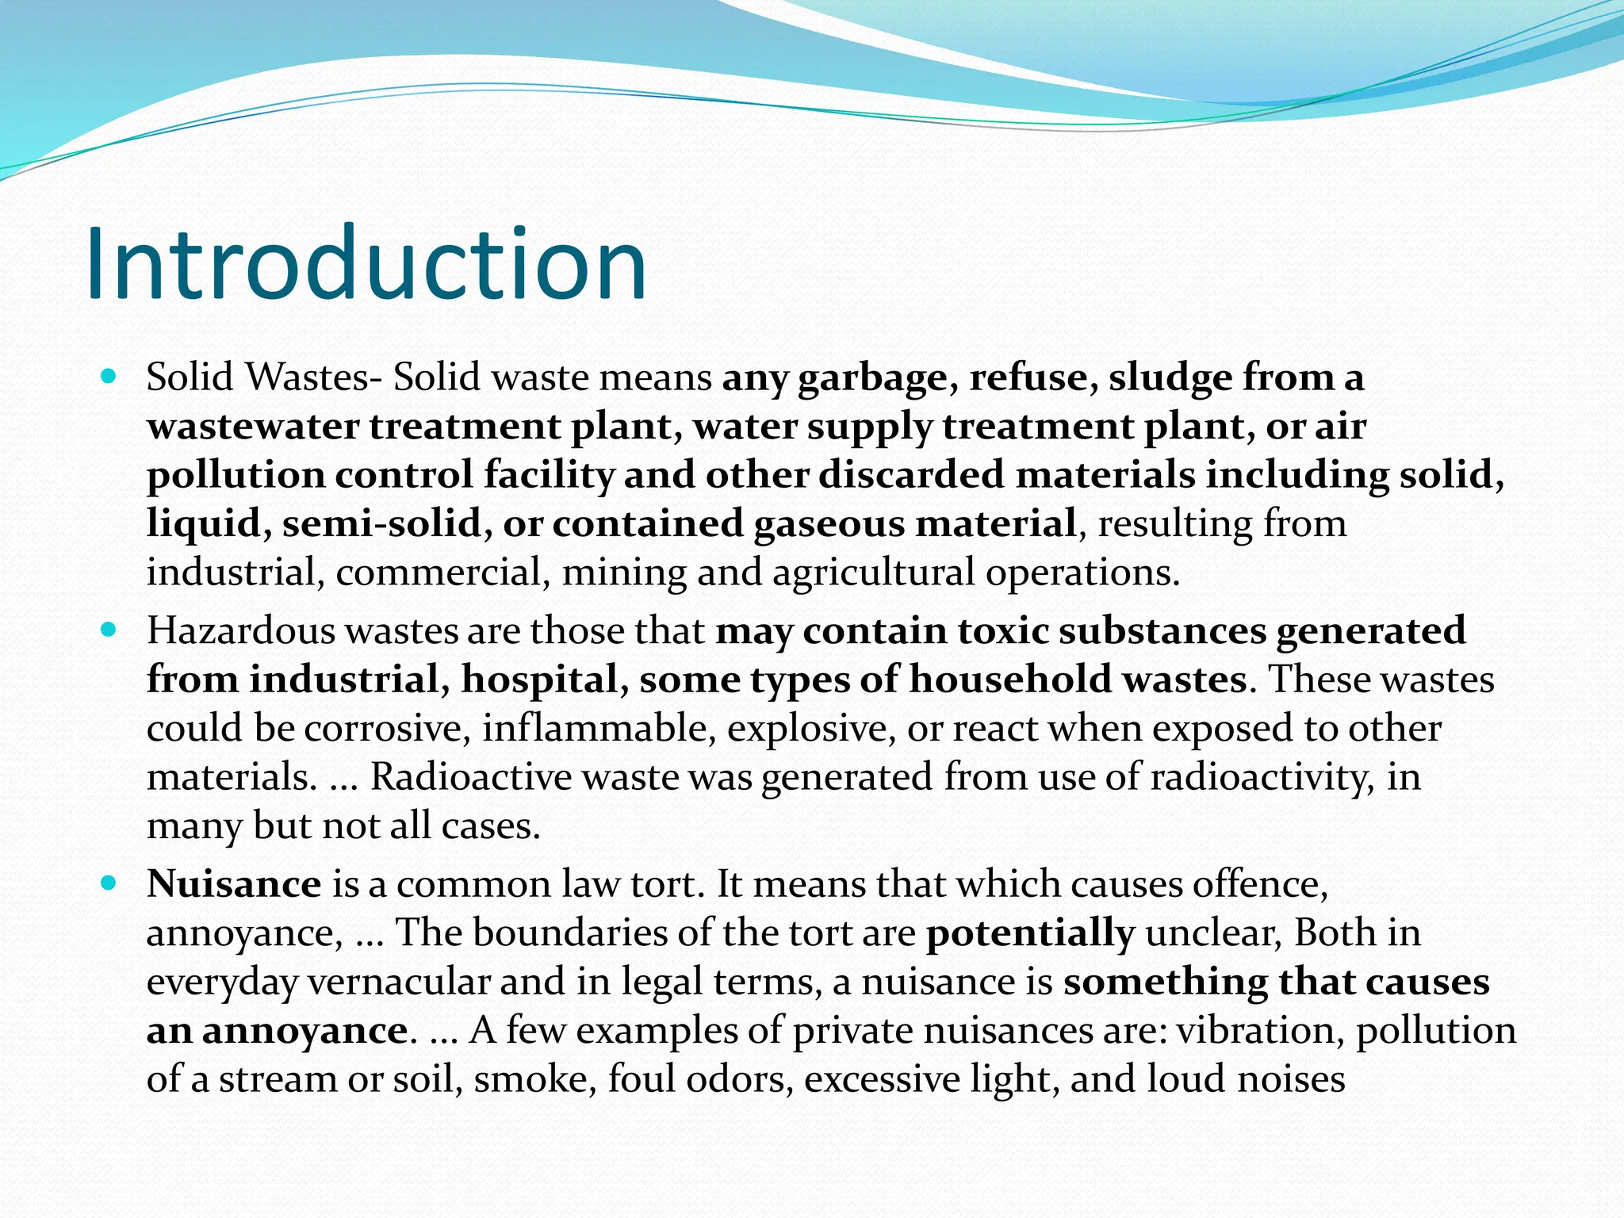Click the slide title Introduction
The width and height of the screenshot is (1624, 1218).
tap(366, 263)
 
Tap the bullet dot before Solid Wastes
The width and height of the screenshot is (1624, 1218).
tap(109, 375)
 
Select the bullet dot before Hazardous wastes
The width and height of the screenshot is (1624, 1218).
tap(109, 630)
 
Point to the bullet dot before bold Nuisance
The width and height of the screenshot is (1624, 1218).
tap(109, 883)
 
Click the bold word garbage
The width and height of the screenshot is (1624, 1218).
tap(872, 379)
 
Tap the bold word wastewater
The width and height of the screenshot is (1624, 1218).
tap(253, 427)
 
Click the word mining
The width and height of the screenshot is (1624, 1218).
tap(624, 573)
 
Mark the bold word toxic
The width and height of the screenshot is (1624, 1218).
tap(1003, 632)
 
